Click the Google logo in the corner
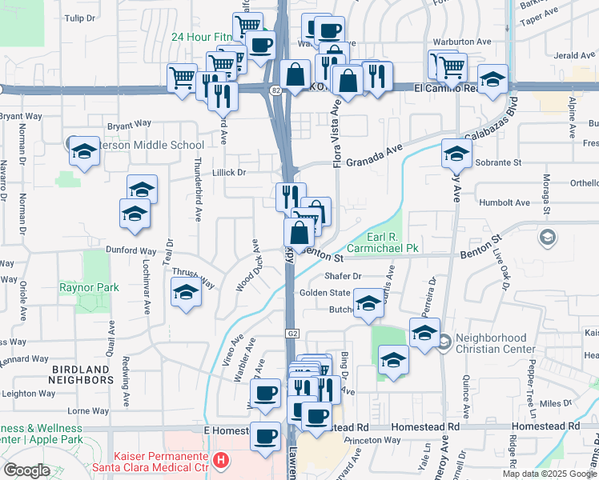click(x=26, y=470)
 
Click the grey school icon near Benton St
click(x=547, y=237)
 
